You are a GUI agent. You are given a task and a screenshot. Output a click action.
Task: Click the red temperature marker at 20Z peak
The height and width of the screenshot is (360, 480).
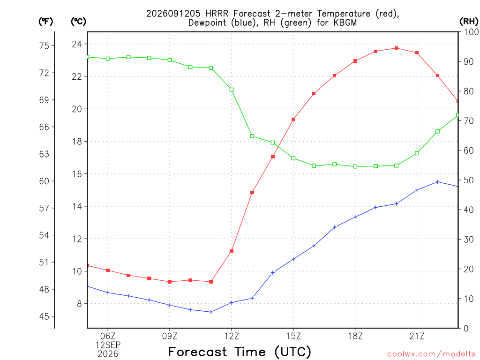coord(396,48)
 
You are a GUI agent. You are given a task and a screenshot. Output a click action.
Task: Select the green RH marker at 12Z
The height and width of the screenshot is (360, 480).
coord(232,90)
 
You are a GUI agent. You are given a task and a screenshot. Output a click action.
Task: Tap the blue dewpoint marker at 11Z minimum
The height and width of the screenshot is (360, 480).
coord(211,312)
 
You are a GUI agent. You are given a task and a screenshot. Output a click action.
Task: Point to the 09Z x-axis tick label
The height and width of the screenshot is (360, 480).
coord(170,336)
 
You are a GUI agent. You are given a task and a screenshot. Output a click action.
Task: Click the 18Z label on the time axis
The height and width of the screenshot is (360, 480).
coord(355,336)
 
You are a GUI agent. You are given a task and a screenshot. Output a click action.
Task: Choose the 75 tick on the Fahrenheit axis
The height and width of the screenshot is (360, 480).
coord(44,46)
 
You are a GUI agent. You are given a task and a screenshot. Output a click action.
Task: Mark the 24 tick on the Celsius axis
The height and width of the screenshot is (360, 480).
coord(77,44)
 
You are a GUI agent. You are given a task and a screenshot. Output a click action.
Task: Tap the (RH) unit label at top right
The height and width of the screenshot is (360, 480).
coord(469,21)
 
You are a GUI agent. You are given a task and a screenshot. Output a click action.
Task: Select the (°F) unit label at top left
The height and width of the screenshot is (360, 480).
coord(45,21)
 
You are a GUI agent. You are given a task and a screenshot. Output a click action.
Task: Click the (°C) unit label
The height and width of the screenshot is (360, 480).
coord(78,21)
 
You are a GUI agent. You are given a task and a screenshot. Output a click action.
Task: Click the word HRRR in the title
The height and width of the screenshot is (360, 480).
coord(217,14)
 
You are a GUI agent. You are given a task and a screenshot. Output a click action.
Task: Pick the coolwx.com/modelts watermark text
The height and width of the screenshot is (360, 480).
coord(431,354)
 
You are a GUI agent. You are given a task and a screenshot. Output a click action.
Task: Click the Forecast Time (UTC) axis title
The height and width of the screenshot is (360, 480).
coord(240,352)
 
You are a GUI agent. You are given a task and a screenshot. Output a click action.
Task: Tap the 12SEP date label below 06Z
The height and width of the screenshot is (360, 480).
coord(108,345)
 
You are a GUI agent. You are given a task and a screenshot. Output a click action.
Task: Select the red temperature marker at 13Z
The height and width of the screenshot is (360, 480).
coord(252,193)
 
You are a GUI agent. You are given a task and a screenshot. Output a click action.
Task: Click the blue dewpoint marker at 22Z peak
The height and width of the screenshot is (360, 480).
coord(437,182)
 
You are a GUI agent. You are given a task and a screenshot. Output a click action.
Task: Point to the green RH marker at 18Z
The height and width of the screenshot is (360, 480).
coord(355,166)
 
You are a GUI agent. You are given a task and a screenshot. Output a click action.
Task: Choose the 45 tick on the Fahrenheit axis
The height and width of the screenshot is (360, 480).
coord(44,316)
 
